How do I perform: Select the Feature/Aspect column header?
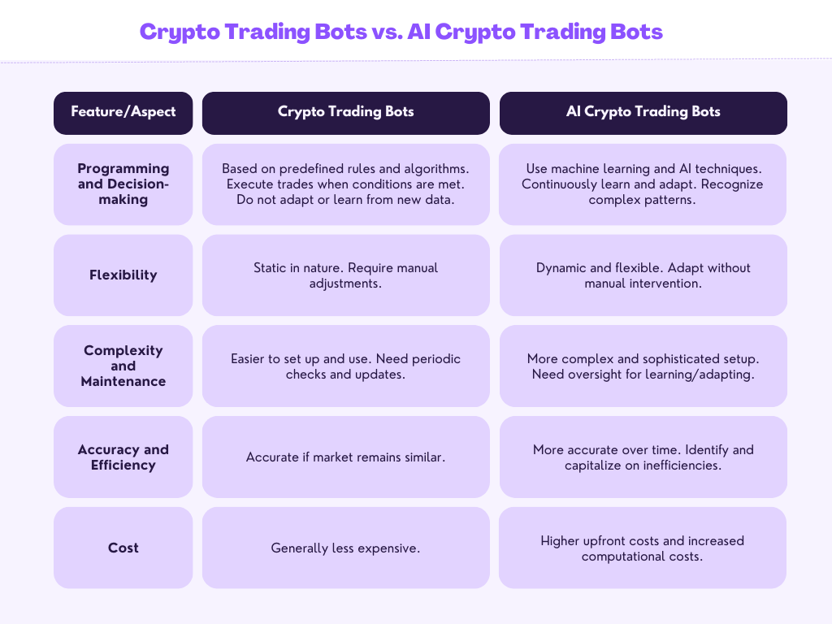click(123, 112)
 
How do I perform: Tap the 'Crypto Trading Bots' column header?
click(346, 112)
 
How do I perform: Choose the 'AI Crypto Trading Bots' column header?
click(643, 112)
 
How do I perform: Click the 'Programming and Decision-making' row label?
click(123, 184)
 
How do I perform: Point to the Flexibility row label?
click(123, 275)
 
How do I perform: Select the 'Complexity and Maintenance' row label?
click(123, 366)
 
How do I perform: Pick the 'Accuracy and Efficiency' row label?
click(123, 457)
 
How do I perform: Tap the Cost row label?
click(123, 548)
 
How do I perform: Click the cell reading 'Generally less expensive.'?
click(346, 548)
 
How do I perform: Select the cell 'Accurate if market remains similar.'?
click(346, 457)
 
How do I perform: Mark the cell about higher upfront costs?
click(643, 548)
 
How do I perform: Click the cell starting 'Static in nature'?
click(346, 275)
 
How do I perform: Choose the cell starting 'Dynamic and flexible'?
click(643, 275)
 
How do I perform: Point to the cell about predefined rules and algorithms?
click(346, 184)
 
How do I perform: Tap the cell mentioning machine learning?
click(643, 184)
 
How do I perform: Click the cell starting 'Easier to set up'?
click(346, 366)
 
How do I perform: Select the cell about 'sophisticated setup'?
click(643, 366)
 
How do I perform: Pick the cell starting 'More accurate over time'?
click(643, 457)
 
